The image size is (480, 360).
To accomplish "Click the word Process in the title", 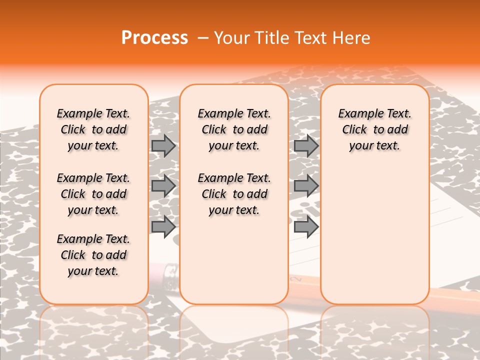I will click(154, 38).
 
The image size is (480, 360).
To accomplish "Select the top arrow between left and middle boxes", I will click(163, 146).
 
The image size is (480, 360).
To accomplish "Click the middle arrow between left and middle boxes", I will click(163, 186).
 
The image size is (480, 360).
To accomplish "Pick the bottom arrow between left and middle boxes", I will click(163, 227).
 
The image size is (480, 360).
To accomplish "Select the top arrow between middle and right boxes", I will click(306, 146).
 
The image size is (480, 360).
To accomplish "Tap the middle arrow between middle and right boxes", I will click(306, 186).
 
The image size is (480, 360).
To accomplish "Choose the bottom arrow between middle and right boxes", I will click(306, 227).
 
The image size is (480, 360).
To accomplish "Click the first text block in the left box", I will click(93, 129).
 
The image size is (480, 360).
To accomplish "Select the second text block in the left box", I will click(93, 194).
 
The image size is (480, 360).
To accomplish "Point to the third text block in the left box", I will click(93, 255).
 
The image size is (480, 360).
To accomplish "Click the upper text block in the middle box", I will click(234, 129).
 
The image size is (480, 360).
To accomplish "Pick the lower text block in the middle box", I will click(234, 194).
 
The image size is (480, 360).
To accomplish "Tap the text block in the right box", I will click(374, 129).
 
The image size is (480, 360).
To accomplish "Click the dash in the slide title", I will click(203, 38).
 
